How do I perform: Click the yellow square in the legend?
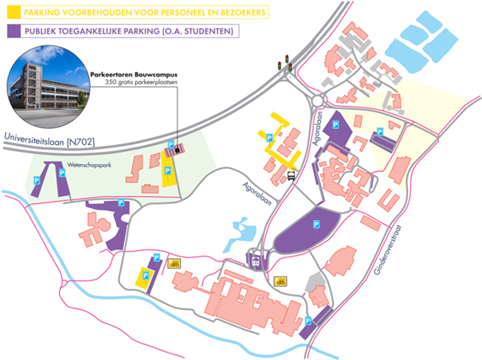(x=14, y=12)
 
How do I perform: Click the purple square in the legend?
(x=14, y=31)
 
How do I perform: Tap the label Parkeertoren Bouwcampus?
(x=134, y=75)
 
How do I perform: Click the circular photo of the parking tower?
(x=49, y=87)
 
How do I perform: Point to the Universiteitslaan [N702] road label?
(x=49, y=139)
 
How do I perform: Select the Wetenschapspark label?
(x=89, y=165)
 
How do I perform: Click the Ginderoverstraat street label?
(x=388, y=250)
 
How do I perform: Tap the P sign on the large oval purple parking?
(x=316, y=225)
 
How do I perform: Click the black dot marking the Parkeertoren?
(x=177, y=150)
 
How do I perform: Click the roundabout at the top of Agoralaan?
(x=318, y=100)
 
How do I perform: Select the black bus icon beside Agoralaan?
(x=291, y=176)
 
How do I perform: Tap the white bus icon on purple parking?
(x=256, y=261)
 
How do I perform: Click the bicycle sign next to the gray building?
(x=280, y=281)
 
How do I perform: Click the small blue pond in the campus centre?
(x=241, y=234)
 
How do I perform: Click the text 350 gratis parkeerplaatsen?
(x=141, y=82)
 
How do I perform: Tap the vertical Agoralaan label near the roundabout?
(x=318, y=128)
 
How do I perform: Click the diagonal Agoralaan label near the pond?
(x=257, y=194)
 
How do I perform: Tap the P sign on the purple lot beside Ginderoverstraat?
(x=308, y=321)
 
